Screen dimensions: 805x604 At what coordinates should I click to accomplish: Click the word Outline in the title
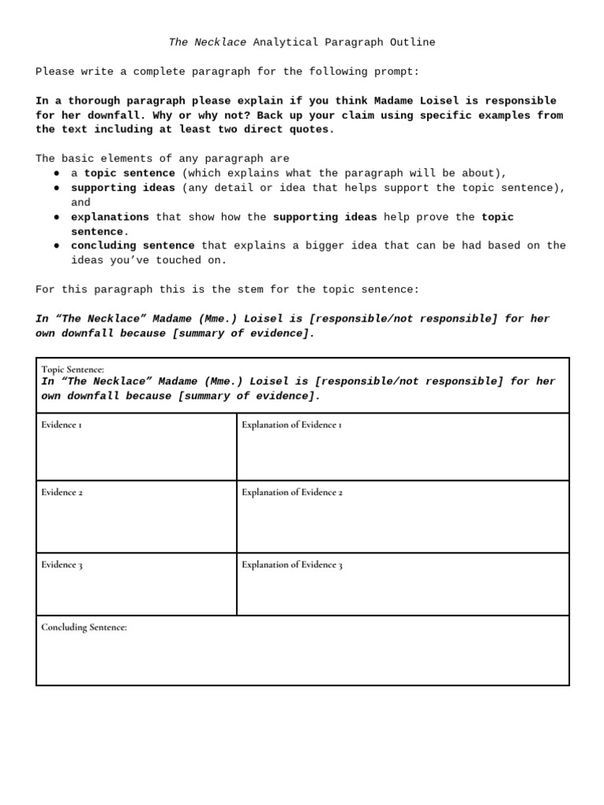pyautogui.click(x=412, y=42)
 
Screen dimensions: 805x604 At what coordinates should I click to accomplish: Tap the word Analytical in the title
pyautogui.click(x=285, y=42)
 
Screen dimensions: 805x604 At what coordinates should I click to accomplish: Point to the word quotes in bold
pyautogui.click(x=311, y=130)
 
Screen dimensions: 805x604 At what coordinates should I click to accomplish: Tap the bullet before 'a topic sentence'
pyautogui.click(x=57, y=173)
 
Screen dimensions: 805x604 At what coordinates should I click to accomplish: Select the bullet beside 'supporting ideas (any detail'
pyautogui.click(x=57, y=188)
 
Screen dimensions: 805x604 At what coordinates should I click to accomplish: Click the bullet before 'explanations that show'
pyautogui.click(x=57, y=217)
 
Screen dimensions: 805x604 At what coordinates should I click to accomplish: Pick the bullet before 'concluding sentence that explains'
pyautogui.click(x=57, y=246)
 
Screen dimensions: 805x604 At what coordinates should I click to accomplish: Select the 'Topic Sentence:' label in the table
pyautogui.click(x=72, y=369)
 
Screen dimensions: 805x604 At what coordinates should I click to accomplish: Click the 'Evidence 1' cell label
pyautogui.click(x=61, y=425)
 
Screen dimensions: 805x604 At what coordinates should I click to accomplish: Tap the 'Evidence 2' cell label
pyautogui.click(x=62, y=493)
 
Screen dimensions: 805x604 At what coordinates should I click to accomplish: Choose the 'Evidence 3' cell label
pyautogui.click(x=62, y=565)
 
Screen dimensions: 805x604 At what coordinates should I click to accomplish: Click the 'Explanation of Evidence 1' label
pyautogui.click(x=292, y=425)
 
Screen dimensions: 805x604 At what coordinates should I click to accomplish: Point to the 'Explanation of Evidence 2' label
pyautogui.click(x=292, y=493)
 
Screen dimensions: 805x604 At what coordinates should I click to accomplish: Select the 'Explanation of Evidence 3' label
pyautogui.click(x=292, y=565)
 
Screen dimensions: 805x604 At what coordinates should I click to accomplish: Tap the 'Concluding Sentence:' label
pyautogui.click(x=84, y=627)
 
